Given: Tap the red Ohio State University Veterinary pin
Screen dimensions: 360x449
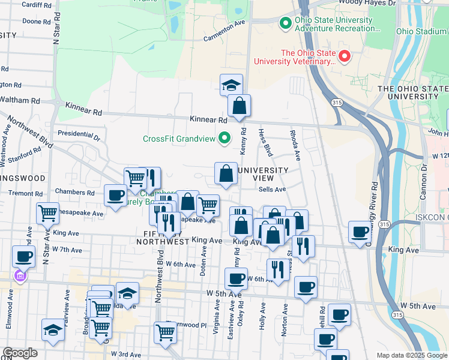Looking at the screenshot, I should tap(345, 57).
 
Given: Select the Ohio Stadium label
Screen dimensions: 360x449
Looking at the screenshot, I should tap(421, 31).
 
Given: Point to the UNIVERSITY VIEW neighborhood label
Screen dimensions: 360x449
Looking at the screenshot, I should tap(263, 174).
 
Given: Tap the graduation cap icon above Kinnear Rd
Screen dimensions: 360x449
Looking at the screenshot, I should tap(231, 85).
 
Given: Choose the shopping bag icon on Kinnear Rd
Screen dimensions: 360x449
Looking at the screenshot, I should tap(239, 106).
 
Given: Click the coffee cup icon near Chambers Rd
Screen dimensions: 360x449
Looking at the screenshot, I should tap(115, 194).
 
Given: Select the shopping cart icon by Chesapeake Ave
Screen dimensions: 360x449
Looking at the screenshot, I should tap(47, 212).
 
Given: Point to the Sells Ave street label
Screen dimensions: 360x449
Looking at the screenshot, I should tap(272, 189).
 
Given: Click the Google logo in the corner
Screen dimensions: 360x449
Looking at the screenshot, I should tap(20, 353).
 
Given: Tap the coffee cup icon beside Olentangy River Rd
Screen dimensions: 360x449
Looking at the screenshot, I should tap(360, 232).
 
